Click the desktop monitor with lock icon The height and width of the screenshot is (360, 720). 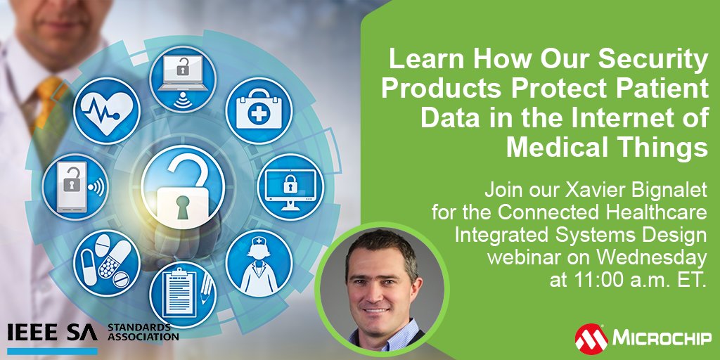[x=290, y=186]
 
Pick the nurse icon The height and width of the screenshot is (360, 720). [x=258, y=262]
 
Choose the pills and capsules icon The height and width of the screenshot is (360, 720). [x=106, y=262]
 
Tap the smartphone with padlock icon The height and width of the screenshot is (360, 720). [x=75, y=186]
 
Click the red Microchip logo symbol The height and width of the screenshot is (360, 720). [x=591, y=337]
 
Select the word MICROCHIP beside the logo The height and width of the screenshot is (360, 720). [x=662, y=339]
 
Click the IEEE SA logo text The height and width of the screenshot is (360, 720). [x=53, y=333]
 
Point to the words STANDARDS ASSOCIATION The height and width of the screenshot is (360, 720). [x=143, y=333]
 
